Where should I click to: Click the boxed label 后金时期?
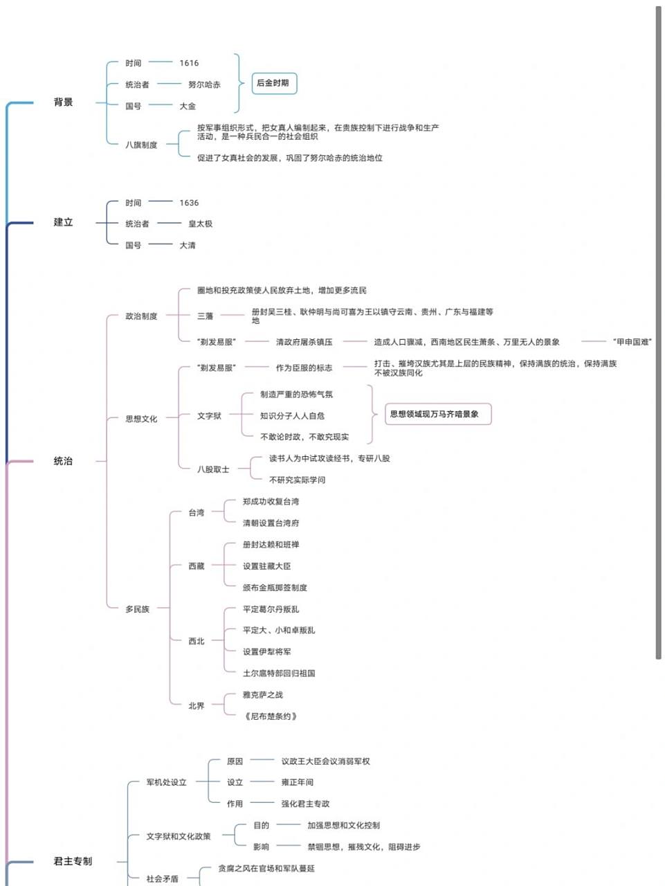tap(273, 83)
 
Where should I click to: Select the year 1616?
tap(189, 63)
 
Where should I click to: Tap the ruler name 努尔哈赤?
tap(204, 84)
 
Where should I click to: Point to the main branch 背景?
tap(63, 102)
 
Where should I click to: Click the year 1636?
tap(189, 203)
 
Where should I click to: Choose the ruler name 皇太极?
tap(200, 224)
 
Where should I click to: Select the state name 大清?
tap(188, 246)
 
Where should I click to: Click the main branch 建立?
tap(63, 222)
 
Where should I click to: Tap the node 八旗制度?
tap(141, 145)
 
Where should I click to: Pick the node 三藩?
tap(205, 316)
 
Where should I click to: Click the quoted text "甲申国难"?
tap(632, 342)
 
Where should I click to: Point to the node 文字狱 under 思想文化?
tap(209, 416)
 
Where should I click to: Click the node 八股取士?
tap(213, 469)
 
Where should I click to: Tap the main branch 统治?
tap(63, 461)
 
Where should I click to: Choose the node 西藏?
tap(197, 566)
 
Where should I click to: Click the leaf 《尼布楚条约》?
tap(271, 716)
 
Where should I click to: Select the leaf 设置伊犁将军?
tap(266, 652)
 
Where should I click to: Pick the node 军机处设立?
tap(166, 782)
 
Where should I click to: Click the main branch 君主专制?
tap(73, 861)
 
